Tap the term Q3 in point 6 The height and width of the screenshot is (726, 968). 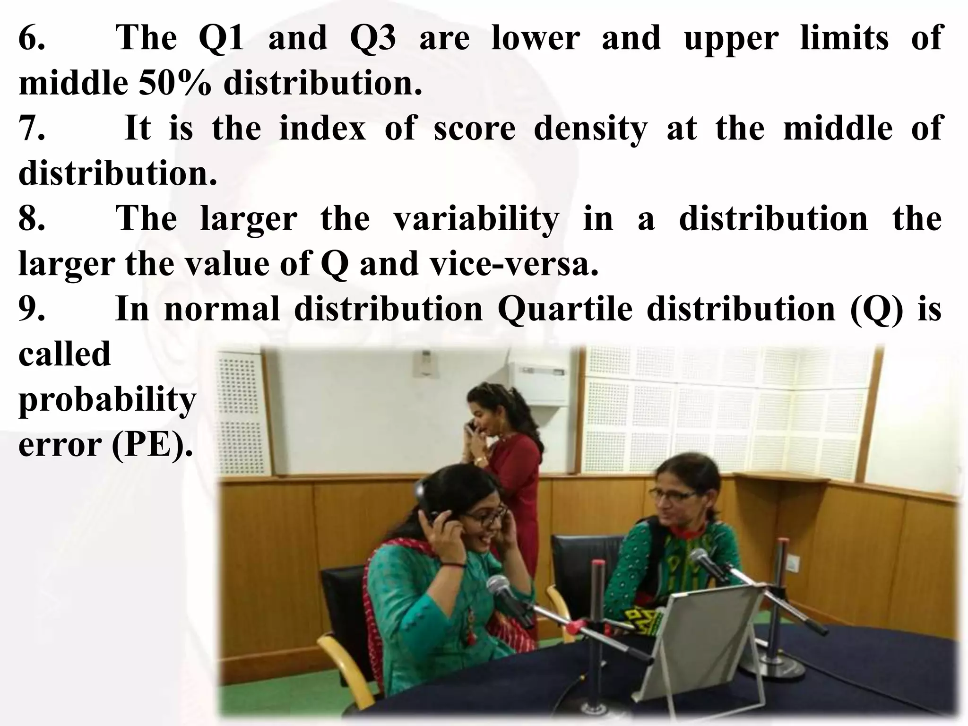(373, 38)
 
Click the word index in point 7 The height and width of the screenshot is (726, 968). (322, 128)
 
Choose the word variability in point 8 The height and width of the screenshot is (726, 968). (476, 220)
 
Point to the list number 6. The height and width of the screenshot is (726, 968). (31, 38)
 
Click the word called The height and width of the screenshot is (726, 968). (64, 354)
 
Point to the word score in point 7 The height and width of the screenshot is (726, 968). (474, 128)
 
